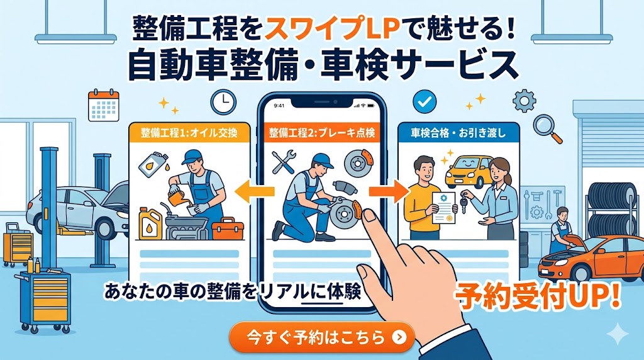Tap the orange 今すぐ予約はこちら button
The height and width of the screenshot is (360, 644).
coord(322,337)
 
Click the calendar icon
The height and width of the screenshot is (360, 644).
coord(104,105)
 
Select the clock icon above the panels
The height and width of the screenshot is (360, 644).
coord(223,102)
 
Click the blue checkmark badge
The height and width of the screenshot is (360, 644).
coord(425,101)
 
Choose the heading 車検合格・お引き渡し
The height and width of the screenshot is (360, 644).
coord(458,133)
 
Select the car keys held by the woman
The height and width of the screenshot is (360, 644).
coord(464,202)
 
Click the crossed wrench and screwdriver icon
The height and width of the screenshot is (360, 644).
coord(284,162)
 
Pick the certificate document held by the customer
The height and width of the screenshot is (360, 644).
coord(443,207)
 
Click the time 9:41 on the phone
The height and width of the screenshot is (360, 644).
coord(279,106)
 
